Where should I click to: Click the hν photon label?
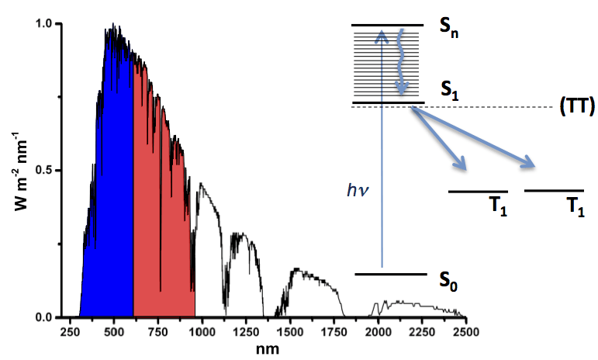coord(358,188)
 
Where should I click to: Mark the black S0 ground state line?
coord(392,274)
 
